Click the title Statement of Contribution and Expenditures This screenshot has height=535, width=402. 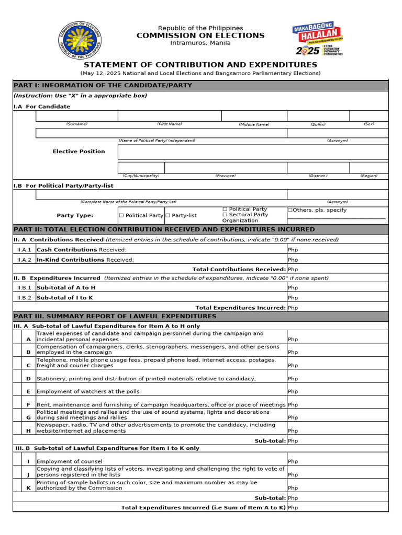200,65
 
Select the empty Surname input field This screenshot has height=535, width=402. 76,116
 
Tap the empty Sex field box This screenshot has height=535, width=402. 368,116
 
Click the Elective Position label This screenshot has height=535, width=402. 79,152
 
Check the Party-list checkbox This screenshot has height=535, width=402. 167,215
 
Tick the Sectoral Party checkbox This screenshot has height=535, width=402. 225,215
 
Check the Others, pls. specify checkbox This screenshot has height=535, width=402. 291,210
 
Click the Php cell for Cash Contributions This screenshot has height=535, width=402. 338,250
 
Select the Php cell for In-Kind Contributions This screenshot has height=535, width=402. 338,260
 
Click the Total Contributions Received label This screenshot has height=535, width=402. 239,270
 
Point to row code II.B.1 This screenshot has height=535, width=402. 24,288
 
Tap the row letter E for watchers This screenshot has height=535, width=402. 28,391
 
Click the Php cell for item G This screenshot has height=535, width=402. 338,418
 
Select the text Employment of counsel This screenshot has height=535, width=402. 70,461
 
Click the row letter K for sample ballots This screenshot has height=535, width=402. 28,488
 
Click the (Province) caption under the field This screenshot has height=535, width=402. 225,176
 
